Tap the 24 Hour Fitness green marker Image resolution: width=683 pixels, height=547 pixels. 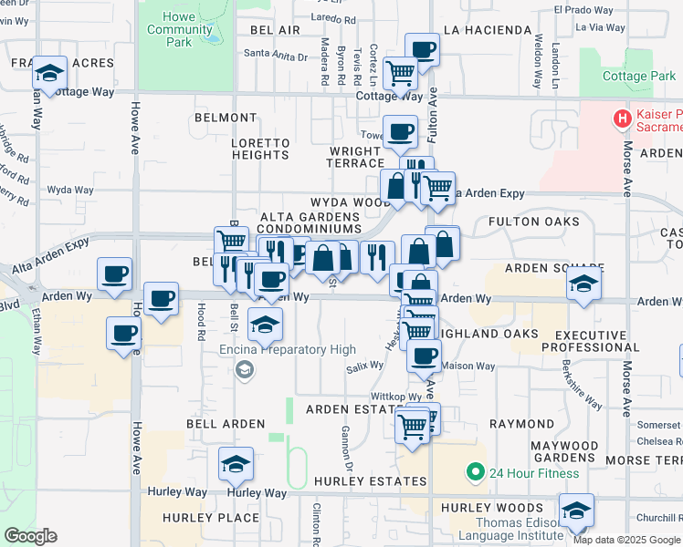coord(474,472)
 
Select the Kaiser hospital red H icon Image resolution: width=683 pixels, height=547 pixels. coord(623,118)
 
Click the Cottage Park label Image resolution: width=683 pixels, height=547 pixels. coord(639,77)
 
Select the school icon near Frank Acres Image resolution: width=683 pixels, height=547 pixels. coord(49,73)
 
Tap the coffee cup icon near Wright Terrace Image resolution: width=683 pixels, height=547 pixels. coord(400,133)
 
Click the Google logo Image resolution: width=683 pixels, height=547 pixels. coord(29,536)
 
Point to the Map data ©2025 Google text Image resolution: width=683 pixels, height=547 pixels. coord(626,540)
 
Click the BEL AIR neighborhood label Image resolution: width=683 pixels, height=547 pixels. coord(274,30)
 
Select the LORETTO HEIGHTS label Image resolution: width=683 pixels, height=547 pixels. coord(260,149)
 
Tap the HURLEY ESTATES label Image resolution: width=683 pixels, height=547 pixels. coord(370,480)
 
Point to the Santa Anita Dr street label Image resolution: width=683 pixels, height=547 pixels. coord(276,56)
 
